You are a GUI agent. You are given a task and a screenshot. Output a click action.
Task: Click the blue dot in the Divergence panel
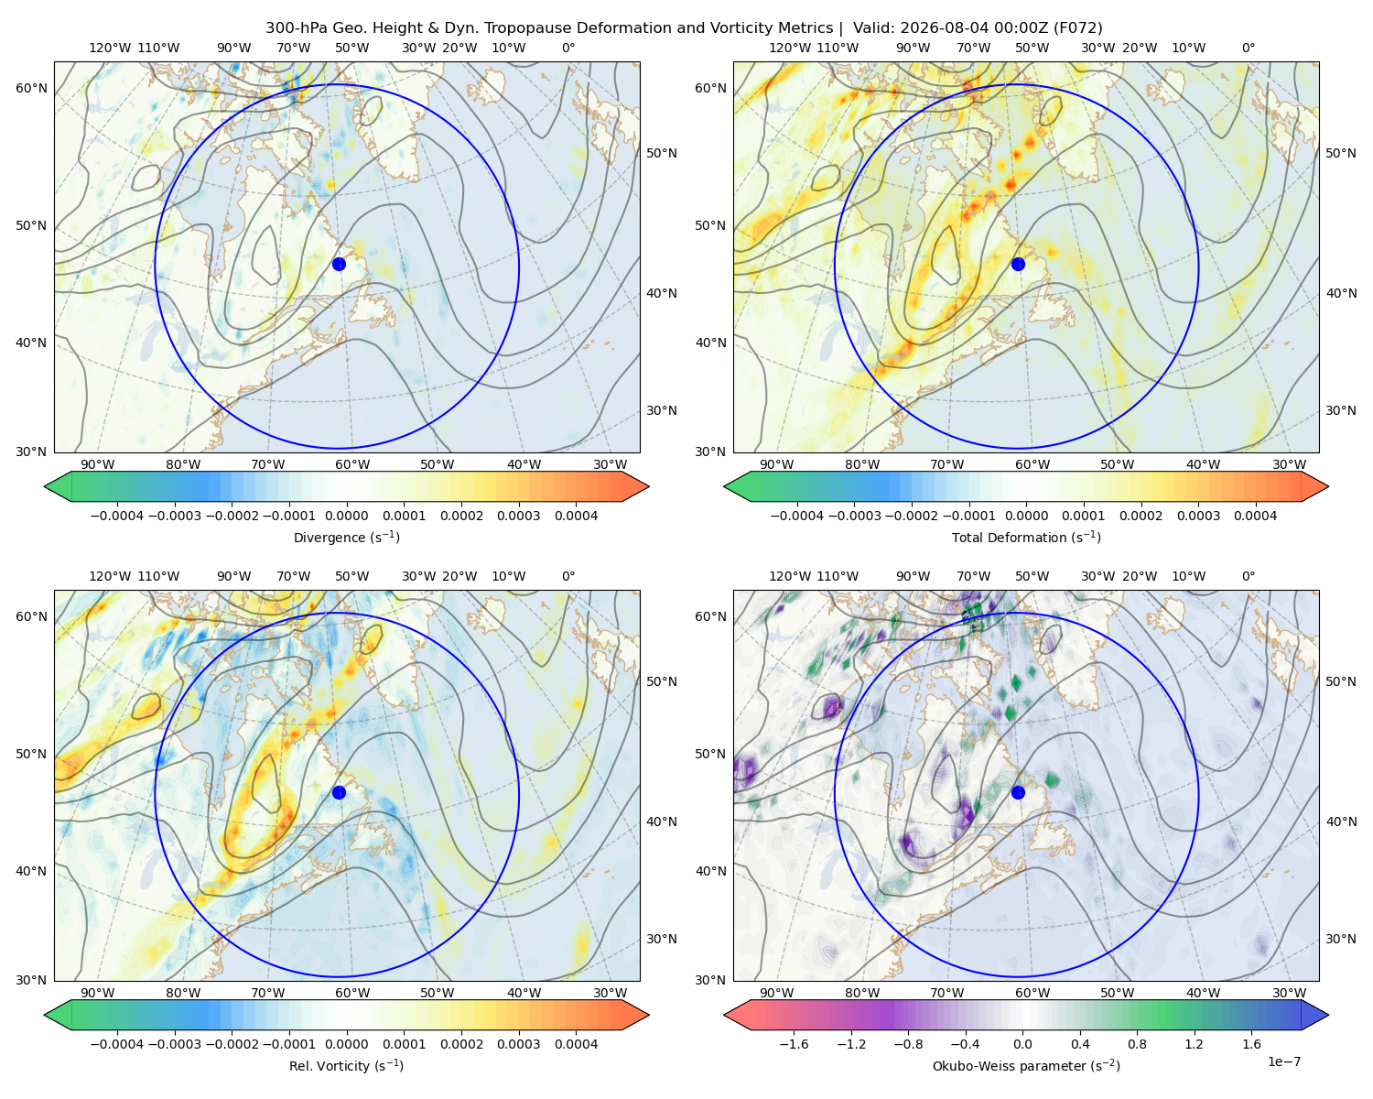[x=339, y=264]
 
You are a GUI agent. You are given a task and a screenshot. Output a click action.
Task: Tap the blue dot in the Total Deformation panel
[x=1018, y=264]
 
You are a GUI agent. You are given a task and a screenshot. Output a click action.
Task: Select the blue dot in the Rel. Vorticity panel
[x=339, y=792]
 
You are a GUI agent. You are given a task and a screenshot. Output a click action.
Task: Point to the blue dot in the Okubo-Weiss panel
[x=1018, y=792]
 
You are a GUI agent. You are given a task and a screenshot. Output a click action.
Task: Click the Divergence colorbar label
[x=346, y=537]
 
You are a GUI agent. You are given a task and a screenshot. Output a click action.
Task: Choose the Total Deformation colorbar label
[x=1026, y=537]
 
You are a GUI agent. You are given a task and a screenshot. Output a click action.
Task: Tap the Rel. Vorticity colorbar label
[x=346, y=1065]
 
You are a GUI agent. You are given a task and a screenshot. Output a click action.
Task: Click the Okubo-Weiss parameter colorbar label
[x=1026, y=1065]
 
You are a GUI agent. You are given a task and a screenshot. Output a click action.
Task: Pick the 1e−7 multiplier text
[x=1283, y=1061]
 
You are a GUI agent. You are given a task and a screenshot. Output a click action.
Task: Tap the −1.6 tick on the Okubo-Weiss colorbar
[x=794, y=1044]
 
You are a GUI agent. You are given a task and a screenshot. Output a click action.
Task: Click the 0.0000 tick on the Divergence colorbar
[x=346, y=516]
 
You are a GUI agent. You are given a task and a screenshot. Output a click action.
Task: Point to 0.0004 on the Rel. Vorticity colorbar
[x=576, y=1044]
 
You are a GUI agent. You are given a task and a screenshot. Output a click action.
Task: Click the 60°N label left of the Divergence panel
[x=31, y=88]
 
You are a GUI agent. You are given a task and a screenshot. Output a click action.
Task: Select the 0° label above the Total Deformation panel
[x=1248, y=48]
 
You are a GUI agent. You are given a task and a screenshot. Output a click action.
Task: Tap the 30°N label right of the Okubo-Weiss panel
[x=1341, y=938]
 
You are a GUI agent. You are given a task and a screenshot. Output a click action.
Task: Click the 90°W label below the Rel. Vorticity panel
[x=97, y=993]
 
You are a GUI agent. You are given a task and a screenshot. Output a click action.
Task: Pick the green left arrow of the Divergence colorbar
[x=58, y=486]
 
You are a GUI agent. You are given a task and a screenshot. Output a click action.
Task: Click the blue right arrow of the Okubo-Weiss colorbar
[x=1315, y=1015]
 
